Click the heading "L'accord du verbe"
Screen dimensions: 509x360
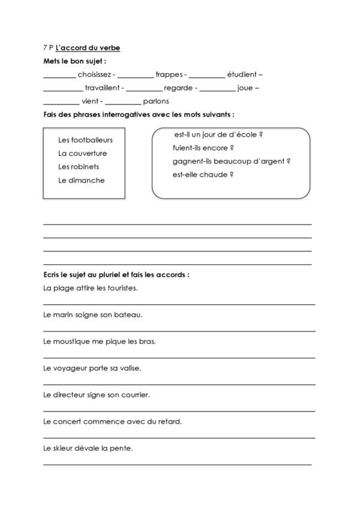tap(87, 47)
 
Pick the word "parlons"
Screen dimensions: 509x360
tap(156, 101)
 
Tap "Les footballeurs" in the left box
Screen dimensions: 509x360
tap(85, 140)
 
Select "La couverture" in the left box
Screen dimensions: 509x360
tap(83, 153)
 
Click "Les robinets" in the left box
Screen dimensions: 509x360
tap(79, 166)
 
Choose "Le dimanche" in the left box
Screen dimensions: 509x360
tap(82, 180)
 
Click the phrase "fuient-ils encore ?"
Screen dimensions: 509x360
tap(202, 148)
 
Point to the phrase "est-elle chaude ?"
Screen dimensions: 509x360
tap(202, 175)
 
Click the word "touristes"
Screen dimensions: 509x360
tap(122, 288)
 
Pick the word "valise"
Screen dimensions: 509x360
tap(130, 367)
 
